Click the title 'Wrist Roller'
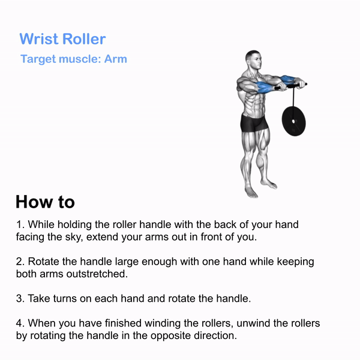(62, 38)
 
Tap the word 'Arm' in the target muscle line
(115, 59)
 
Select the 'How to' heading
(45, 202)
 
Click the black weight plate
(293, 121)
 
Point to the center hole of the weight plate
(293, 121)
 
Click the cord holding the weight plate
(293, 97)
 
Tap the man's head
(253, 59)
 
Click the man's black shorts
(254, 123)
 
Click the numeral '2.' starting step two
(20, 262)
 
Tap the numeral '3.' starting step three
(20, 298)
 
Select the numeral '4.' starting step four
(20, 323)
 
